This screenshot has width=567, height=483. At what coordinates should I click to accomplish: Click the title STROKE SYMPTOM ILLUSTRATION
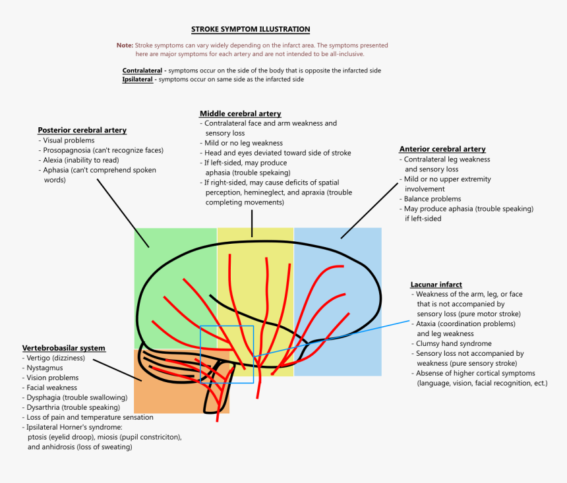[x=251, y=29]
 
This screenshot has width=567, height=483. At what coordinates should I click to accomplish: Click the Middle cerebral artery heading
[x=240, y=113]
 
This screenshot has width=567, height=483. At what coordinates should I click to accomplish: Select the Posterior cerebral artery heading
[x=82, y=130]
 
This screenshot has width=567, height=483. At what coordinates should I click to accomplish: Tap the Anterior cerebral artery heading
[x=442, y=149]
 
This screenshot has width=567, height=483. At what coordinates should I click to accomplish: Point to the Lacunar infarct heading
[x=436, y=284]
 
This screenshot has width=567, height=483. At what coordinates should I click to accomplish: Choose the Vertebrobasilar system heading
[x=63, y=348]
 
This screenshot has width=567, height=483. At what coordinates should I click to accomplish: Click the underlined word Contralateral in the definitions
[x=142, y=71]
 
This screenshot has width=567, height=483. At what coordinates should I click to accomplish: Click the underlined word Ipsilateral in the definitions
[x=138, y=80]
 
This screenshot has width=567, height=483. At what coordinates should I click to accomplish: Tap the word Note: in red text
[x=125, y=45]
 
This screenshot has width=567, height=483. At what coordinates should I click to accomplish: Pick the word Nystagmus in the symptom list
[x=45, y=368]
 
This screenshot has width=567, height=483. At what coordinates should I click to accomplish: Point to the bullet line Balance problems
[x=433, y=199]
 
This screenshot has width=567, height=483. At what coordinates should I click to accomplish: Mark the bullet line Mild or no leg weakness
[x=243, y=143]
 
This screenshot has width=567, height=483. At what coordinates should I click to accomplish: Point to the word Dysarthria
[x=46, y=407]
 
